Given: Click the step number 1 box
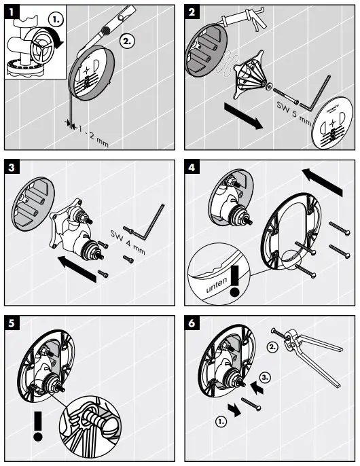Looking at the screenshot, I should point(12,10).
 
